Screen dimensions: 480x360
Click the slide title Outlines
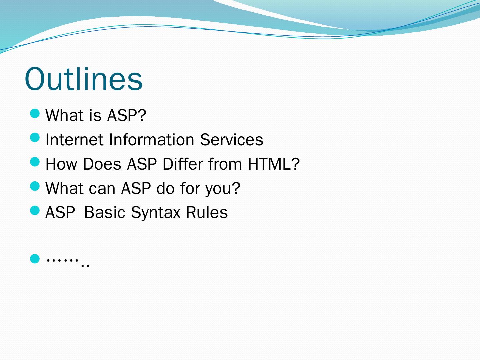(x=84, y=79)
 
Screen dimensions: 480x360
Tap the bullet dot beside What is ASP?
(x=35, y=113)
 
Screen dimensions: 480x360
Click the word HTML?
(x=274, y=164)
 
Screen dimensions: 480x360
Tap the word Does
(x=102, y=164)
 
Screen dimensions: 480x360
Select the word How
(x=61, y=164)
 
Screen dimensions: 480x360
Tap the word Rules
(x=207, y=212)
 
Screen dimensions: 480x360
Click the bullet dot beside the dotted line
(x=35, y=259)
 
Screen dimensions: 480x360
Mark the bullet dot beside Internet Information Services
(x=35, y=138)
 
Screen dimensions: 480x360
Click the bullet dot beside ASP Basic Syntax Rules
(x=35, y=210)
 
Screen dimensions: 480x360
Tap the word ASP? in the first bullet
(x=127, y=115)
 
